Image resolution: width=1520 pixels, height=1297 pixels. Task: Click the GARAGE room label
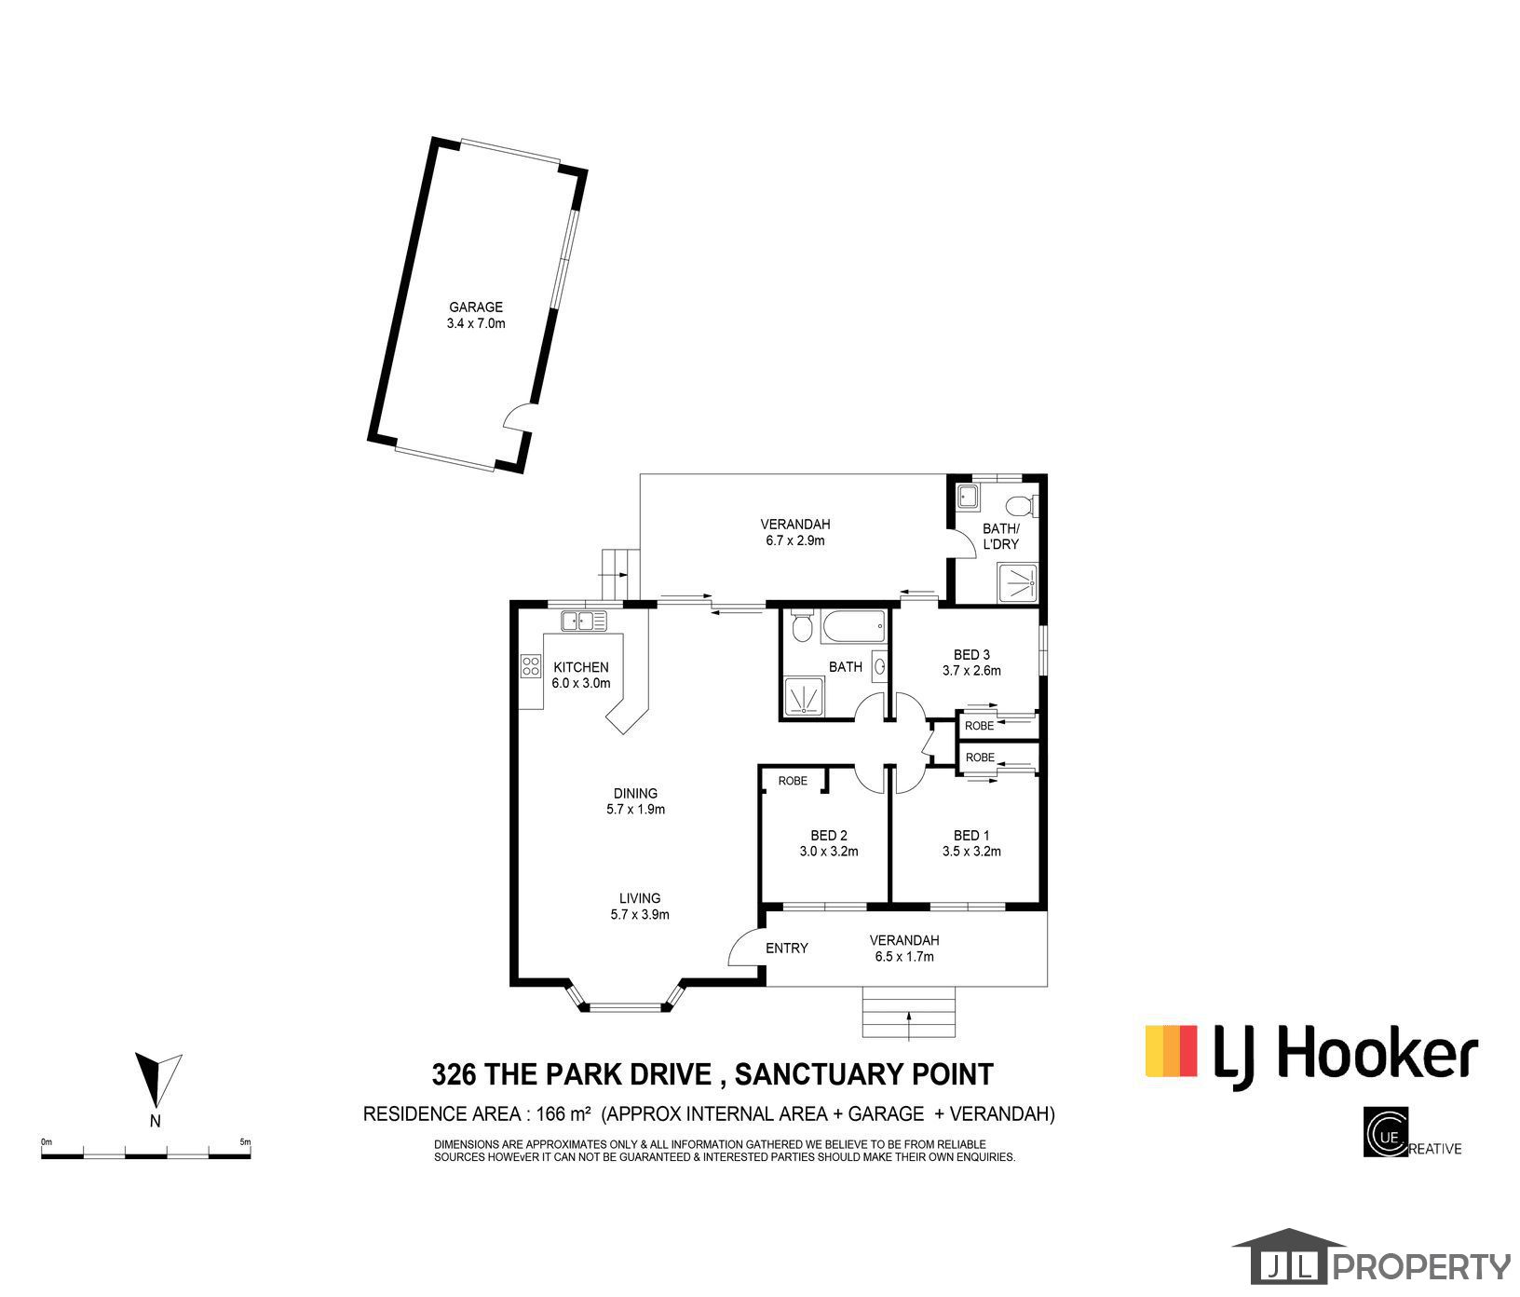[x=476, y=307]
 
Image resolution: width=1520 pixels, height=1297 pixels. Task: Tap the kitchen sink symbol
[x=584, y=620]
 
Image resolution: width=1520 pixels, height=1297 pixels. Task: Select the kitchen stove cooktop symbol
[x=531, y=665]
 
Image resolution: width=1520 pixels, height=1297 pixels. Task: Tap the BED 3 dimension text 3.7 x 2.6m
[x=971, y=670]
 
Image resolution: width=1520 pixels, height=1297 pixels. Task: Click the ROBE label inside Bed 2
[x=793, y=781]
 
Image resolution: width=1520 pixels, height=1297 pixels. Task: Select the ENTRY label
[x=786, y=949]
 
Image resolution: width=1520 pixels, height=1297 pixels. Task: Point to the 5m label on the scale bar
[x=245, y=1141]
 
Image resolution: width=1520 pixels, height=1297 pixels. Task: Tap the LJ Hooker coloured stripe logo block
[x=1171, y=1050]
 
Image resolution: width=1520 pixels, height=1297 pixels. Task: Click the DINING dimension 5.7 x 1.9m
[x=635, y=810]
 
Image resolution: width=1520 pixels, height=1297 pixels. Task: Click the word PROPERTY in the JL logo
[x=1422, y=1267]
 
